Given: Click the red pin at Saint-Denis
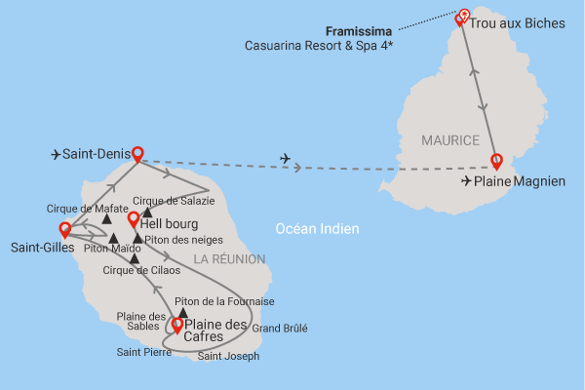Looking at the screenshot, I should pos(137,153).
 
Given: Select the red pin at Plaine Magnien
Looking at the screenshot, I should pos(497,160).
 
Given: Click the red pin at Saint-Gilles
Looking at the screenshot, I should pos(65,230).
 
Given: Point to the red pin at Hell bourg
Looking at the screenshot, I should pos(134,219).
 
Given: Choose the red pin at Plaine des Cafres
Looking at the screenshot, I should pos(176,324).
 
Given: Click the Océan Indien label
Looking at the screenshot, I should pos(317,229).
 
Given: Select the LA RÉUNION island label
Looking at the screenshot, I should pos(229,258).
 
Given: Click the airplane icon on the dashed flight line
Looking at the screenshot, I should pos(285,158).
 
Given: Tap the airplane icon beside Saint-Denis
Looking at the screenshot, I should pos(57,154).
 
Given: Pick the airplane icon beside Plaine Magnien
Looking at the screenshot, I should pos(466,180).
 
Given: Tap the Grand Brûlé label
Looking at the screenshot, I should pos(280,329).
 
